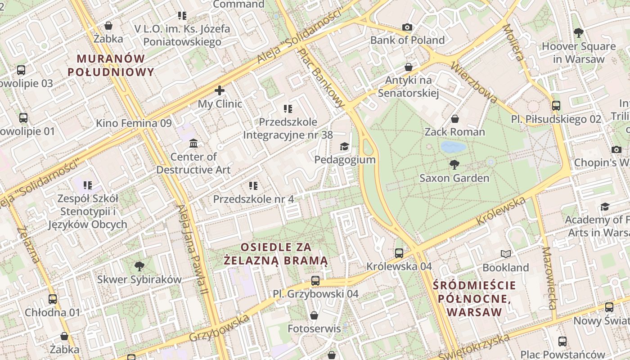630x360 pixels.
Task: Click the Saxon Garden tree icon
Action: (x=454, y=165)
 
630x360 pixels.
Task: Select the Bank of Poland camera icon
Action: (x=407, y=27)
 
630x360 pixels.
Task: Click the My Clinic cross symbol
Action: (x=220, y=90)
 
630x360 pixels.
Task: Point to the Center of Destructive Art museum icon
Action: (x=193, y=144)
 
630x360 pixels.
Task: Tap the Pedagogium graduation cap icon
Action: (x=344, y=146)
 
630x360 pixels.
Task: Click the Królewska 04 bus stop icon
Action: (x=399, y=253)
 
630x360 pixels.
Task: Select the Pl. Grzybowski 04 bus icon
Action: (x=315, y=281)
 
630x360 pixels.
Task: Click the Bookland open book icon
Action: (x=506, y=254)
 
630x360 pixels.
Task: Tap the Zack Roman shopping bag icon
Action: (x=455, y=119)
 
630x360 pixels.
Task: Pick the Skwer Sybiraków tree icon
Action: (x=139, y=266)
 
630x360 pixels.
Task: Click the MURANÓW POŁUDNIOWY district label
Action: (x=111, y=65)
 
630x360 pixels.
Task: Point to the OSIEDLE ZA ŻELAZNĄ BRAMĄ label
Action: (x=276, y=253)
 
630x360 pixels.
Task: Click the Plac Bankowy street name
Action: (x=322, y=78)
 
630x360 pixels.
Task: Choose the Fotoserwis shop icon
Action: (x=314, y=315)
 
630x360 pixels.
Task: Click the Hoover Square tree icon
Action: (x=579, y=33)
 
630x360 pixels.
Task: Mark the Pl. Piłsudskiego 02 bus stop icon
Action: (x=556, y=106)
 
